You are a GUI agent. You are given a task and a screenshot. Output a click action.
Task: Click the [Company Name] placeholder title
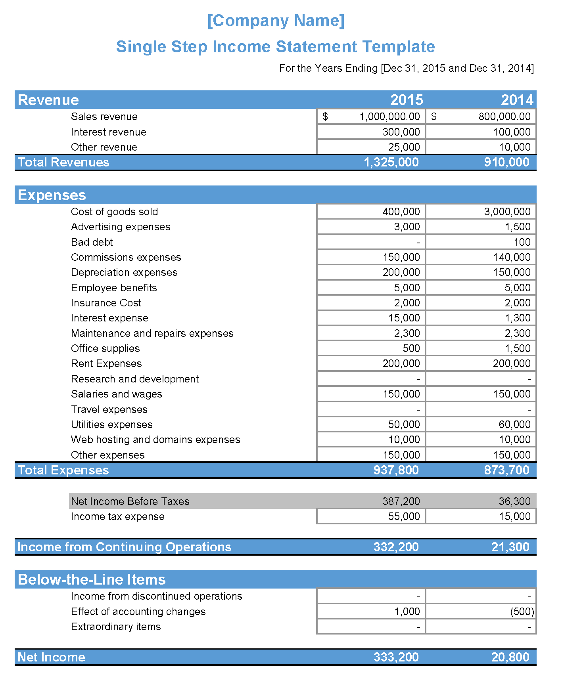coord(276,21)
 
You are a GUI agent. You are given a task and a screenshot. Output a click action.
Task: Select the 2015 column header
coord(406,100)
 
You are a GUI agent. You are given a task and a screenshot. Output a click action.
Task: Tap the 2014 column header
coord(517,100)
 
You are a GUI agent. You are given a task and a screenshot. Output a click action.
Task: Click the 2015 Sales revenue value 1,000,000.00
coord(389,117)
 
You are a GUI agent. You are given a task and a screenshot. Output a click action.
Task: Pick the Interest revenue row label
coord(108,132)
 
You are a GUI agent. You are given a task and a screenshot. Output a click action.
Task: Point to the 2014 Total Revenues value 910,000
coord(506,162)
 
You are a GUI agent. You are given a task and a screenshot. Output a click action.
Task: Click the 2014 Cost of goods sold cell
coord(507,212)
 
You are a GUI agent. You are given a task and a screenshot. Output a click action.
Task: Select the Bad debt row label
coord(92,242)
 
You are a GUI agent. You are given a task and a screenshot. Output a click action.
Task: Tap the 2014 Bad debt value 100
coord(522,242)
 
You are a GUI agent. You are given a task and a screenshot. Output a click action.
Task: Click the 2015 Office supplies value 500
coord(411,348)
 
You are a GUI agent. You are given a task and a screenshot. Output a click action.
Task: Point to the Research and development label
coord(135,379)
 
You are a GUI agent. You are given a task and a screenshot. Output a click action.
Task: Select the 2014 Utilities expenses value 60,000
coord(514,424)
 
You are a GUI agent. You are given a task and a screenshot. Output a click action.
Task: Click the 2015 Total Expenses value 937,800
coord(396,470)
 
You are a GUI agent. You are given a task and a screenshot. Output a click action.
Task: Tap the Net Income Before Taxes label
coord(130,501)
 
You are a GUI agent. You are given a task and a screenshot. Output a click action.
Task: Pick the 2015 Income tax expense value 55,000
coord(404,516)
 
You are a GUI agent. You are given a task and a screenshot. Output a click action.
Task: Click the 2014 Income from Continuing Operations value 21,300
coord(510,547)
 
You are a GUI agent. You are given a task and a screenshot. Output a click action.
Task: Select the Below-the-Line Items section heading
coord(92,579)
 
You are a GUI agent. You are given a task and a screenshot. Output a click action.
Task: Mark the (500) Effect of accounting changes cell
coord(522,612)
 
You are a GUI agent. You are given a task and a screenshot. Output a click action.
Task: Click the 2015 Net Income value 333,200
coord(396,657)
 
